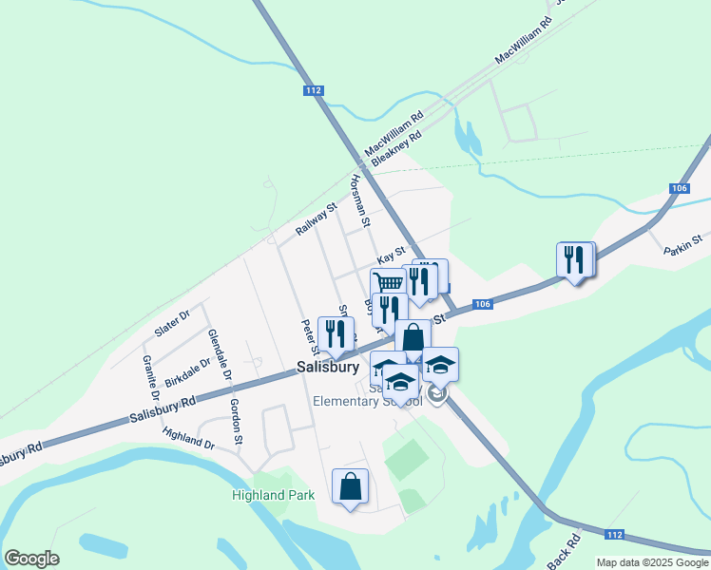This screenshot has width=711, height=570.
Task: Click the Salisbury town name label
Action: (x=327, y=366)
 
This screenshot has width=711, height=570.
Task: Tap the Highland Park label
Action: (x=273, y=495)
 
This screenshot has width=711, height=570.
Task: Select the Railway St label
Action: (x=317, y=220)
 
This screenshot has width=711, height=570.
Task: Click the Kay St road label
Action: (x=391, y=258)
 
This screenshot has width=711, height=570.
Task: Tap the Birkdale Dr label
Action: (x=186, y=372)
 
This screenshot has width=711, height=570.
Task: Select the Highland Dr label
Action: (x=188, y=438)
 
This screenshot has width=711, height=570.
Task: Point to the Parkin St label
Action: (x=683, y=245)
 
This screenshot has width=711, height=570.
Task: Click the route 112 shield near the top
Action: (x=315, y=90)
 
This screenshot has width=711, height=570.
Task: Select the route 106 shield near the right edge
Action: (x=678, y=188)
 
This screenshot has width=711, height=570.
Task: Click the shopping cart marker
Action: (x=387, y=283)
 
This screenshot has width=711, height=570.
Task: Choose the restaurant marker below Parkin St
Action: (x=574, y=258)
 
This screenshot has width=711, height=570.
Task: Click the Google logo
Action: (x=31, y=559)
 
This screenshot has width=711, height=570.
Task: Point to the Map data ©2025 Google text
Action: (x=651, y=562)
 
